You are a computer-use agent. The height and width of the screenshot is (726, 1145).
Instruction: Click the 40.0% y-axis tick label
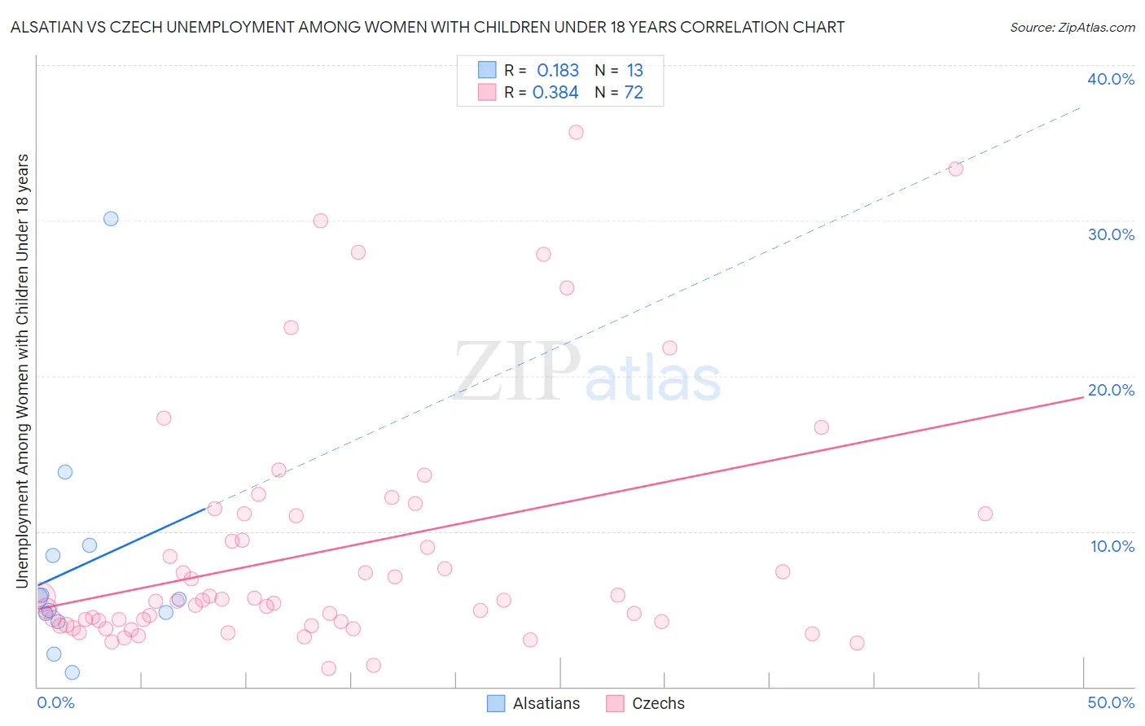point(1111,79)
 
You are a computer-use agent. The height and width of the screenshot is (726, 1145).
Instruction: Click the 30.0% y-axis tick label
point(1111,234)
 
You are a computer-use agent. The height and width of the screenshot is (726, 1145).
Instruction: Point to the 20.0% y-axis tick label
point(1111,390)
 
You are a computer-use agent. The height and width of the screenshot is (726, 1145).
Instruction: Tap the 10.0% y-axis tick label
point(1112,546)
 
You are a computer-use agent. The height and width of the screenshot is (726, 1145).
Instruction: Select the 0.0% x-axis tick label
point(55,702)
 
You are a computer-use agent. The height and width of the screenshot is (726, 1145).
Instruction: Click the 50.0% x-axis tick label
point(1111,702)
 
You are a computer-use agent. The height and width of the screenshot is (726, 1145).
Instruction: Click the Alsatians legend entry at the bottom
point(533,703)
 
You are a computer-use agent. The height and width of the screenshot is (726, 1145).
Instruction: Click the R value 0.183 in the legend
point(558,71)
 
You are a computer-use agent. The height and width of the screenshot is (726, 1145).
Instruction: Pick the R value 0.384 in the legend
point(555,93)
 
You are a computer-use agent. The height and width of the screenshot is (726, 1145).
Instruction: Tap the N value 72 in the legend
point(634,93)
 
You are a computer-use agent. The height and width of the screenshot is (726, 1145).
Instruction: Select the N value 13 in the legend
point(634,71)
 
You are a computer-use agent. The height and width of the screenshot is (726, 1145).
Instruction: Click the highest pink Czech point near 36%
point(576,132)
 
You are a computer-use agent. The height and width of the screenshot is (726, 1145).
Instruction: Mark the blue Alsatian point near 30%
point(111,218)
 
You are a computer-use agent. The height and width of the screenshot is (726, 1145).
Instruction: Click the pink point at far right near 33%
point(956,168)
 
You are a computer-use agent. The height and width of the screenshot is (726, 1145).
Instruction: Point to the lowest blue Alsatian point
point(72,672)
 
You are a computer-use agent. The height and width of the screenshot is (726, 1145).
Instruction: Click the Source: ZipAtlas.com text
point(1072,28)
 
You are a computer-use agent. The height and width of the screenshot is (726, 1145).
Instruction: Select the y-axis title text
point(23,370)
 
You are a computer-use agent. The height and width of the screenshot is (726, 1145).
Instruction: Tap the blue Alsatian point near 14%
point(65,472)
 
